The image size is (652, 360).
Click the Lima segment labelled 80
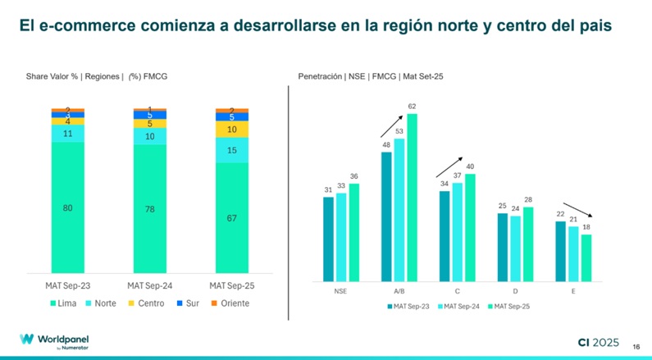pos(67,207)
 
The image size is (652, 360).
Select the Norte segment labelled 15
pos(231,150)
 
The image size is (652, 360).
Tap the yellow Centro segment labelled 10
pos(231,130)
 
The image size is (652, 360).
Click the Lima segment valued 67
pos(231,217)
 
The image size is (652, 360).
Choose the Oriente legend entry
pos(229,303)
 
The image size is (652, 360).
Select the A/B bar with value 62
pos(412,197)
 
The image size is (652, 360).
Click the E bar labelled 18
pos(586,257)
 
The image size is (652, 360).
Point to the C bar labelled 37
pos(458,230)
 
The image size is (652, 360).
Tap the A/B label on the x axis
pos(399,291)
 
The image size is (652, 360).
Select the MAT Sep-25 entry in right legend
pos(508,307)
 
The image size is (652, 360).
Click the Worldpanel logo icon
pos(26,339)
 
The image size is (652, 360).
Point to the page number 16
pos(636,346)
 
